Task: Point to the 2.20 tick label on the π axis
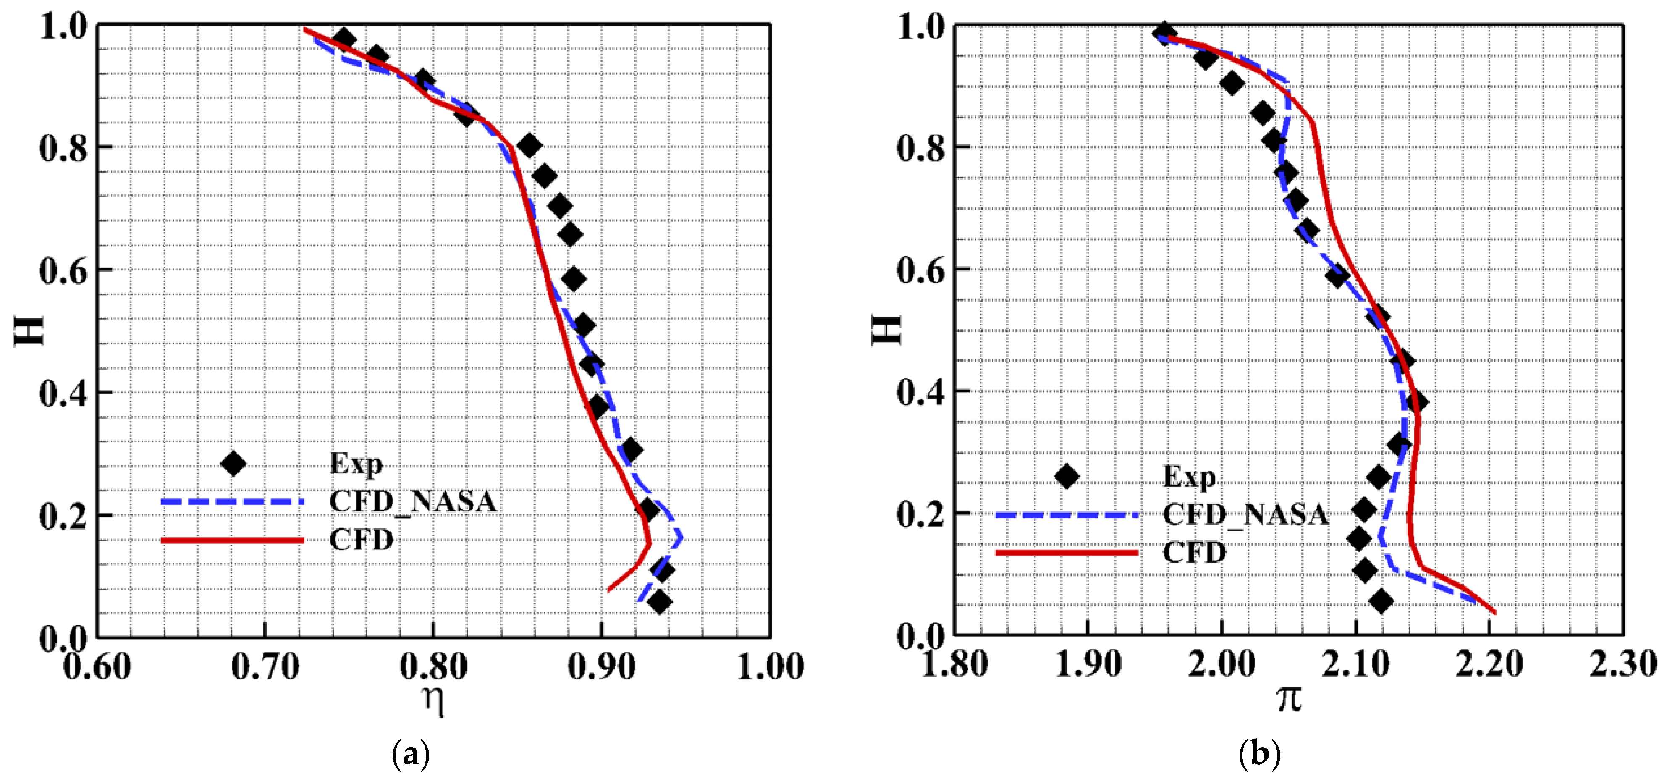coord(1489,664)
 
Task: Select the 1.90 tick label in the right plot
coord(1088,664)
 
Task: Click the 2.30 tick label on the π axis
coord(1623,664)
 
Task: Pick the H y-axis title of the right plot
coord(886,330)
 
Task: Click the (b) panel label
coord(1259,754)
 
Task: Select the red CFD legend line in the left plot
coord(232,540)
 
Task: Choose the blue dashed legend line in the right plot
coord(1067,515)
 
